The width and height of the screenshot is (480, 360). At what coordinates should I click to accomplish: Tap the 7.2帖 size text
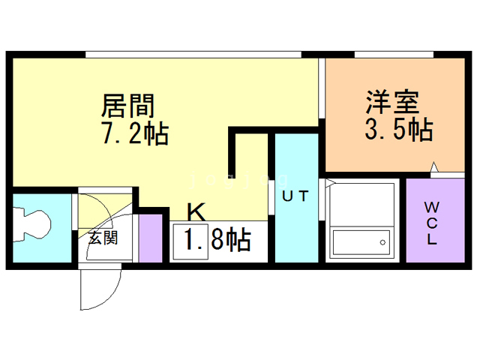point(135,134)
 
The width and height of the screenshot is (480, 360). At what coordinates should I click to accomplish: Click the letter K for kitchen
point(195,210)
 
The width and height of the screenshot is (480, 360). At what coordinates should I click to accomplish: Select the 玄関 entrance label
point(103,238)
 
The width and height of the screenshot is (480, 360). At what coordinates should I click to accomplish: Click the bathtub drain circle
point(382,242)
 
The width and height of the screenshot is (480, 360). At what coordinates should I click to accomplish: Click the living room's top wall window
point(193,54)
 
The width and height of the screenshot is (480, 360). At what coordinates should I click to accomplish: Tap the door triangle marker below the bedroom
point(434,167)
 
